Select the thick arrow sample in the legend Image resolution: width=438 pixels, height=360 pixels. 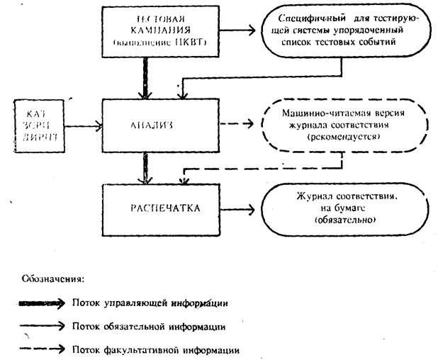[44, 303]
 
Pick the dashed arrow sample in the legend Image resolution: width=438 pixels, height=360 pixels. [44, 349]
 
